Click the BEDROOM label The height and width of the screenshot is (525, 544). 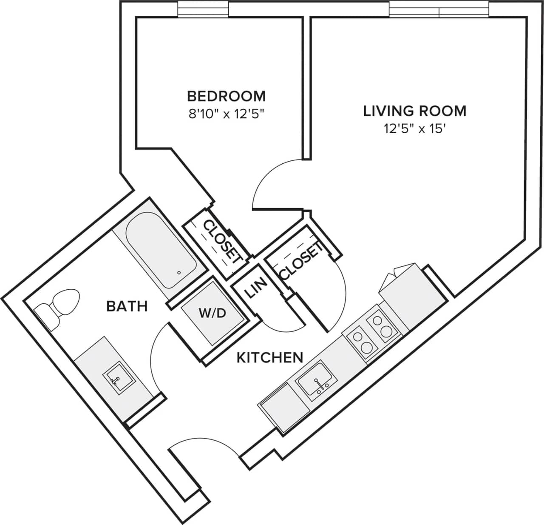pos(227,96)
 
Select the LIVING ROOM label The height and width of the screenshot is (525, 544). pos(414,111)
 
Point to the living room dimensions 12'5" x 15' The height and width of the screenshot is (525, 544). pos(414,129)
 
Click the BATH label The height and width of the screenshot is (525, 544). pos(127,306)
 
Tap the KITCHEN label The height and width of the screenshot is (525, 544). pos(269,357)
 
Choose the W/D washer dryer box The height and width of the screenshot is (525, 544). pos(212,314)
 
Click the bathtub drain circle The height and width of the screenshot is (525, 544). pos(179,273)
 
